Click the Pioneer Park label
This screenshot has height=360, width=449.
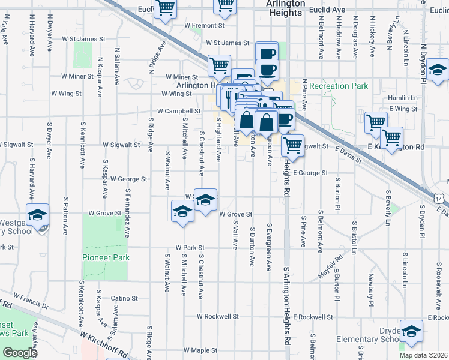point(105,257)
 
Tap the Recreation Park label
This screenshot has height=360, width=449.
point(339,86)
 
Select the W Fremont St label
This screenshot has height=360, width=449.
point(204,26)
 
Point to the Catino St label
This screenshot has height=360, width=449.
point(124,298)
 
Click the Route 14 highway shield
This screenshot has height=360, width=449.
point(441,198)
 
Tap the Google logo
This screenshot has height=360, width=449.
point(19,353)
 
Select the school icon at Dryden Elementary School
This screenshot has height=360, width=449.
point(411,331)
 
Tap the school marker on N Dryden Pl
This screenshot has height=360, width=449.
point(438,70)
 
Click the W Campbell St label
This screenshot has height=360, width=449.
point(179,111)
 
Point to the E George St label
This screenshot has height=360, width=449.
point(310,173)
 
